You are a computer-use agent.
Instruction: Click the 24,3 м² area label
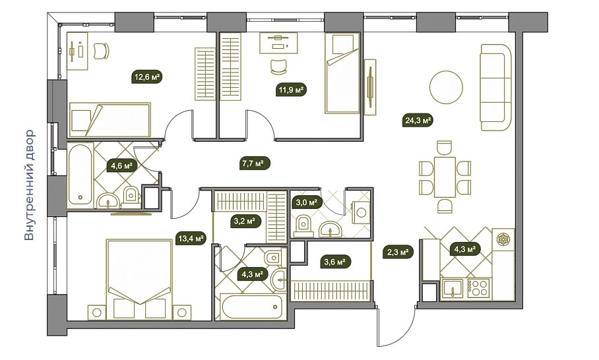pos(418,121)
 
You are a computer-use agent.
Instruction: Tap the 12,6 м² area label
pos(147,77)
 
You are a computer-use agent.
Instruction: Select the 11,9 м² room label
pos(291,90)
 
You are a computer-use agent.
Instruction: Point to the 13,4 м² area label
pos(191,239)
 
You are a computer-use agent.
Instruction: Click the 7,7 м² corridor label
pos(255,164)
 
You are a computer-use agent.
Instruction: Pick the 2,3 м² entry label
pos(398,252)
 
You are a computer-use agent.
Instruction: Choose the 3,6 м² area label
pos(335,262)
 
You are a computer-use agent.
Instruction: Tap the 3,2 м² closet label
pos(245,221)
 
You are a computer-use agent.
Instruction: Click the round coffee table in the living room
pos(446,87)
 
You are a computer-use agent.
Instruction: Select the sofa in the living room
pos(496,88)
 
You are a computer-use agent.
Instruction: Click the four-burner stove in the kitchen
pos(478,288)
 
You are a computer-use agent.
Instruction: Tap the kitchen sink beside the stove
pos(453,288)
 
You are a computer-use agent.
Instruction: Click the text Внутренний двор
pos(30,185)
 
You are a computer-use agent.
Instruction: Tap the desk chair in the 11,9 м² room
pos(278,67)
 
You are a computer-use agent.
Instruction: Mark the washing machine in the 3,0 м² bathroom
pos(361,212)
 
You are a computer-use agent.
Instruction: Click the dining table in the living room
pos(444,176)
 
